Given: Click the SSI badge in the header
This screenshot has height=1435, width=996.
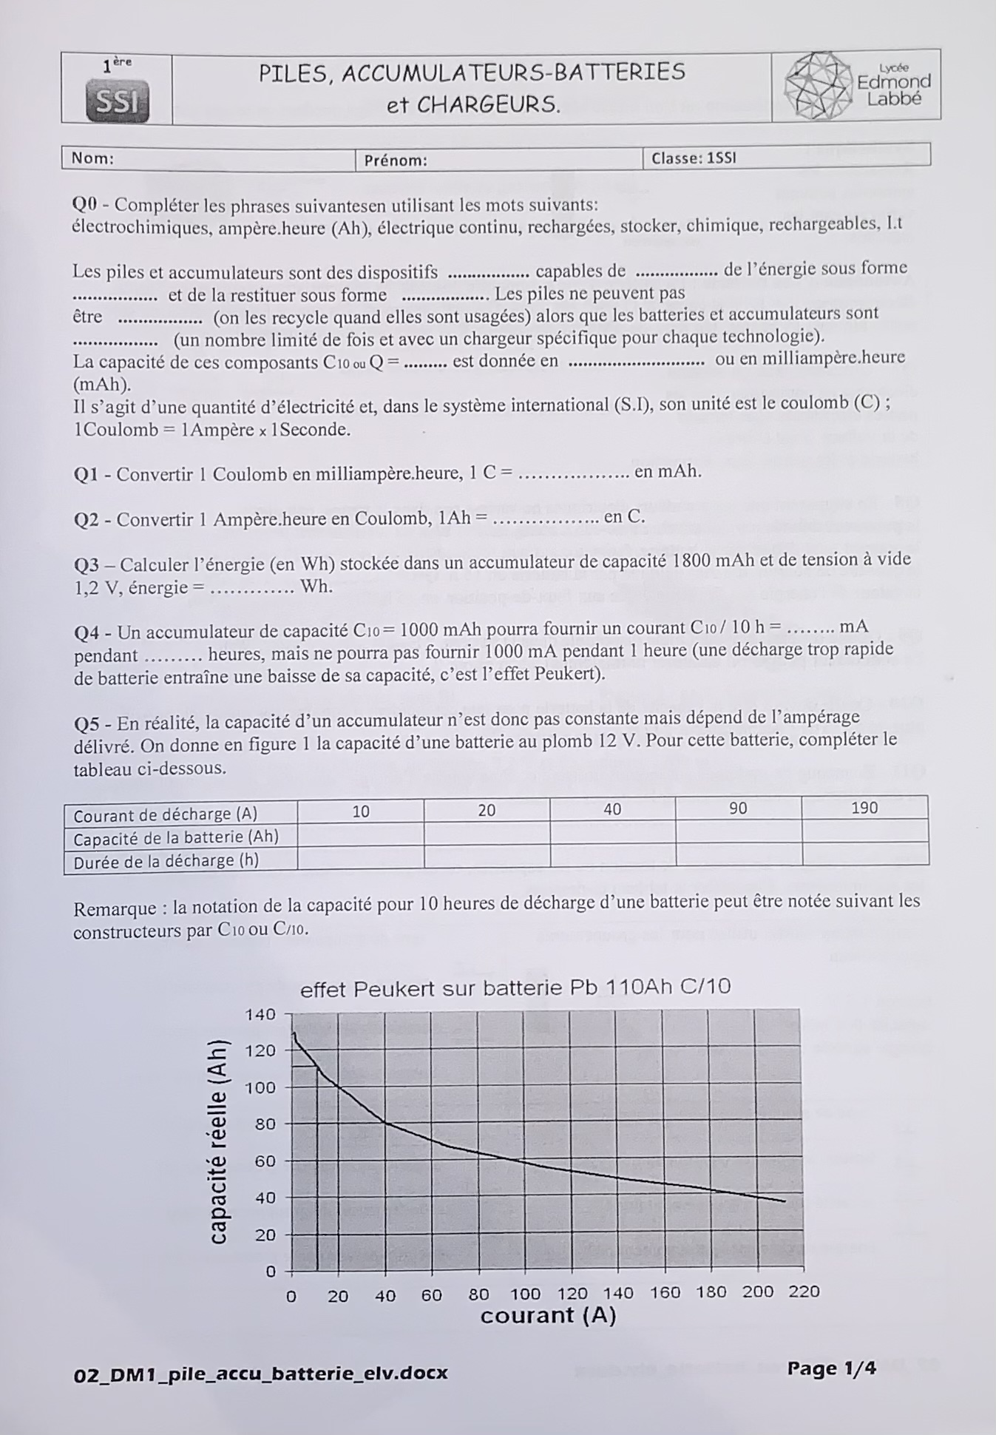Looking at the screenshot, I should [x=118, y=102].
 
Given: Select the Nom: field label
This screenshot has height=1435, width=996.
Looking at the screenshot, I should [x=92, y=158].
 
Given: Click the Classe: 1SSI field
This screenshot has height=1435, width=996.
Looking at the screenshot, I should [x=693, y=158].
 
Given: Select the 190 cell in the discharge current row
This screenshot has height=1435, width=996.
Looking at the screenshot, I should [x=864, y=808].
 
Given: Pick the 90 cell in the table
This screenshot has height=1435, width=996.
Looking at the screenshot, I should [x=738, y=808].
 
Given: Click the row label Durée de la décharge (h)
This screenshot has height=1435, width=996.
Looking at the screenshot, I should [x=166, y=861].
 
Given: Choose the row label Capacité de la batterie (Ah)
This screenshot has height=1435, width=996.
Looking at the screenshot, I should [x=176, y=838].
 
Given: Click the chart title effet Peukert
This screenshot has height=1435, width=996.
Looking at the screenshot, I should [x=515, y=987].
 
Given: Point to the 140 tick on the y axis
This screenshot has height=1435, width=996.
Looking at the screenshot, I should [x=260, y=1015].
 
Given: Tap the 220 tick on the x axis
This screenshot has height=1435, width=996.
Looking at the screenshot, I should [x=804, y=1291].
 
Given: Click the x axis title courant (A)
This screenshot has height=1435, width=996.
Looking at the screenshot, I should [x=548, y=1315].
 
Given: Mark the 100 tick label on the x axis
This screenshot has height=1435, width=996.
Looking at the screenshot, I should [x=525, y=1294].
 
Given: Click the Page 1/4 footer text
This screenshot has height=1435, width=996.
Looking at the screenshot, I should [x=831, y=1368].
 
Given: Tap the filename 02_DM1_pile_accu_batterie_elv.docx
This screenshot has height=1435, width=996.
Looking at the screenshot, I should [x=261, y=1374].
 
